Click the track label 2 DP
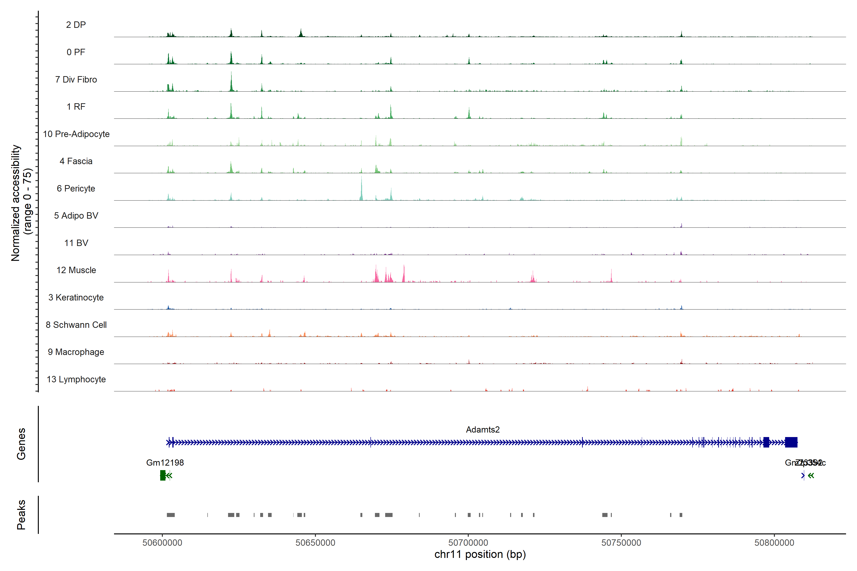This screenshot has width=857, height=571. click(76, 25)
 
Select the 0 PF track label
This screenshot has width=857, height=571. click(76, 52)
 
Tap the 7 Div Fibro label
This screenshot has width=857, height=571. click(76, 79)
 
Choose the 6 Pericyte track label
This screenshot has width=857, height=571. click(76, 188)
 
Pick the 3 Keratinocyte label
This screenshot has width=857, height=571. click(76, 298)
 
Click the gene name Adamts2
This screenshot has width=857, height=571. click(483, 430)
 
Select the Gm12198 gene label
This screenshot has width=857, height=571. click(165, 463)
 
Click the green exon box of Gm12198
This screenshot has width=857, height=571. click(163, 475)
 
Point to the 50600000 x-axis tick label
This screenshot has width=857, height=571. click(162, 543)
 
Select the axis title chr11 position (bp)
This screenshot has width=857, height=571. click(480, 554)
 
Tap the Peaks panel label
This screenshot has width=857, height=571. click(21, 515)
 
